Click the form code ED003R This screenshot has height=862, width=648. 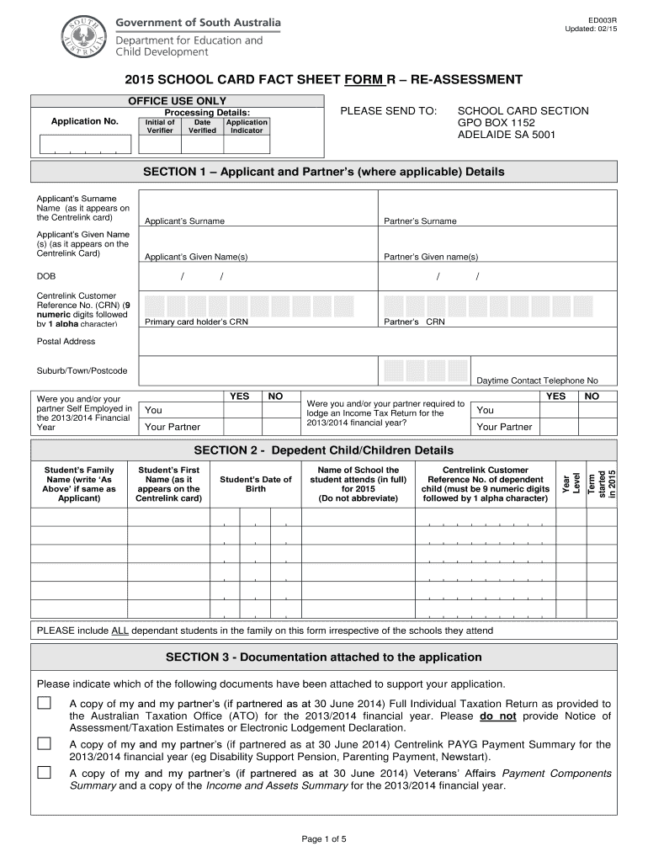[602, 19]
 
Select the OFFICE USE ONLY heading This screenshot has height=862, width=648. [177, 101]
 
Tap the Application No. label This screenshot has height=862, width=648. [84, 122]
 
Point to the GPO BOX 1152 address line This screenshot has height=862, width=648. [496, 123]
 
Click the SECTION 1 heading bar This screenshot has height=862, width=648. [323, 172]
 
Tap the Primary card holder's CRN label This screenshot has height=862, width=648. [196, 322]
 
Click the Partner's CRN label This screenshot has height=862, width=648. [414, 322]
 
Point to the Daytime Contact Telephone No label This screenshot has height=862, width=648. [537, 380]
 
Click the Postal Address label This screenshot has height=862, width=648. [66, 342]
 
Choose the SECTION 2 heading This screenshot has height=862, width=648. [323, 450]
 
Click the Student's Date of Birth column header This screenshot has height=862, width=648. [255, 484]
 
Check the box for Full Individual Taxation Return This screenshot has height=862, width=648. [43, 703]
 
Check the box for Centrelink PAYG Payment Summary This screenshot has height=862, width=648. [43, 743]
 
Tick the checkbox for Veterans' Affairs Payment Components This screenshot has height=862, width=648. [43, 773]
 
